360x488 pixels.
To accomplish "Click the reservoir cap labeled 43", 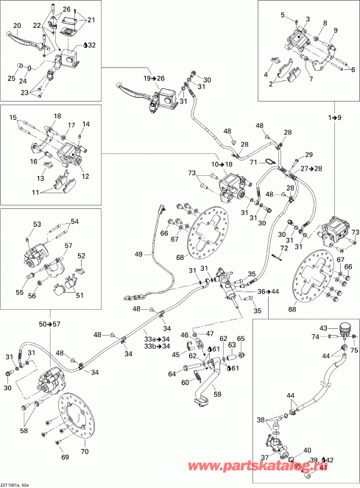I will pos(324,328).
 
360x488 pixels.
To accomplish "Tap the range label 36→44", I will pos(269,291).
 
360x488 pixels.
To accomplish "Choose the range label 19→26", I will pos(155,78).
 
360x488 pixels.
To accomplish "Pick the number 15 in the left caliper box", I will pos(13,118).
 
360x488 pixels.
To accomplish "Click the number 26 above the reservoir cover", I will pos(66,10).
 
